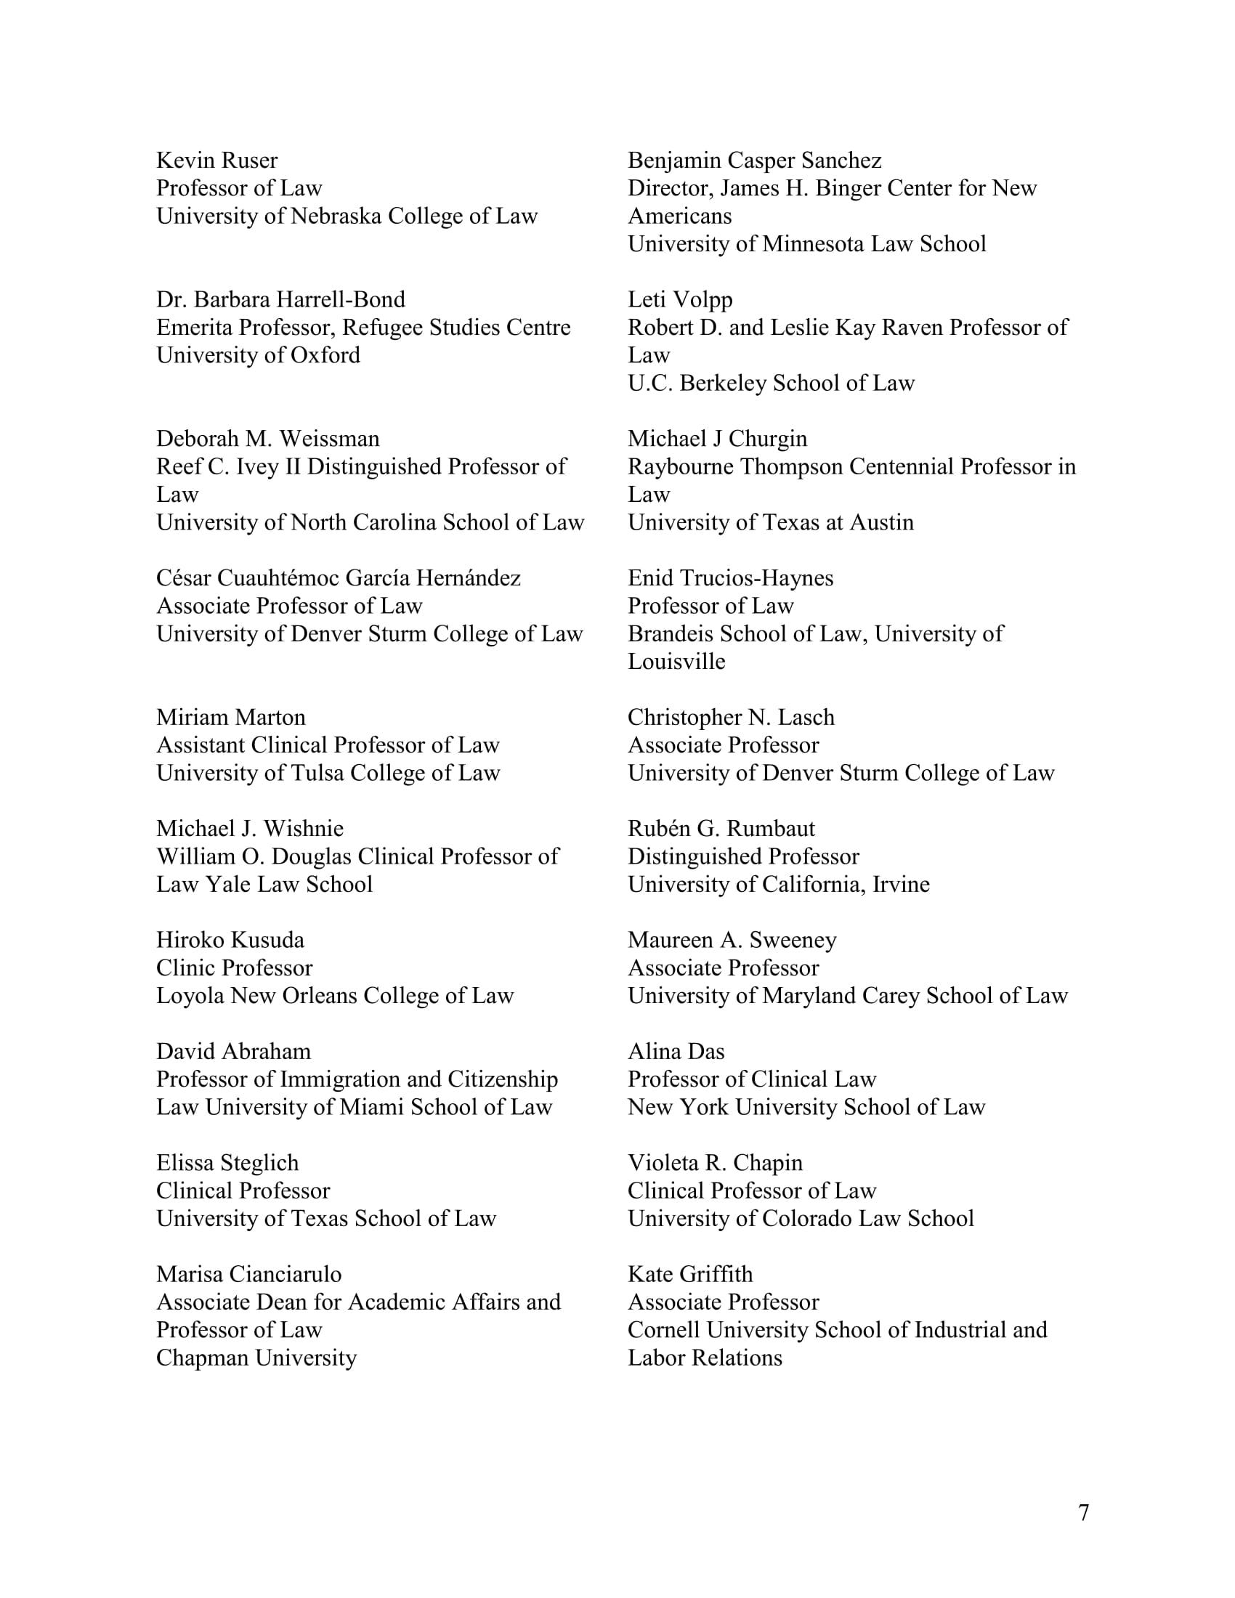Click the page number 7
coord(1084,1512)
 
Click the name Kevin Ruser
coord(216,161)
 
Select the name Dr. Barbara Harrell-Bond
coord(280,299)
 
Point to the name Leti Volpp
coord(680,299)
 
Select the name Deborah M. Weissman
coord(268,438)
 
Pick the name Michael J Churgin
coord(717,438)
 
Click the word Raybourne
coord(681,467)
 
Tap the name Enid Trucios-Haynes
coord(730,578)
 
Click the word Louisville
coord(676,662)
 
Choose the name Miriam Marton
coord(230,717)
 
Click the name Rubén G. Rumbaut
coord(721,828)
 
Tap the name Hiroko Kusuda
coord(230,940)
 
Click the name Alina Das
coord(676,1052)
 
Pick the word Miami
coord(372,1107)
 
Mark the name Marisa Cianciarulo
coord(248,1274)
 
